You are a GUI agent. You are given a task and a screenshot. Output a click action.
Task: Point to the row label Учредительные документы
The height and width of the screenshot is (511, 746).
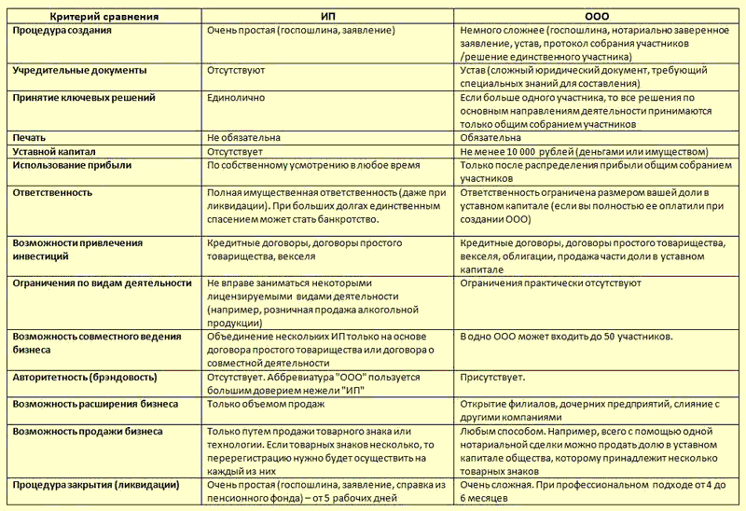pyautogui.click(x=79, y=71)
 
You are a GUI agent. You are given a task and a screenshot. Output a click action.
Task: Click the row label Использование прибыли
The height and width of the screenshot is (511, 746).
pyautogui.click(x=72, y=165)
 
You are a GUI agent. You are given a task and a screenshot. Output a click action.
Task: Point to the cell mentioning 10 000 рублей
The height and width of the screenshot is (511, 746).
pyautogui.click(x=584, y=151)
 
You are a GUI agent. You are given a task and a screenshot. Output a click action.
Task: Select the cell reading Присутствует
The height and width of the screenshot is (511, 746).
pyautogui.click(x=493, y=378)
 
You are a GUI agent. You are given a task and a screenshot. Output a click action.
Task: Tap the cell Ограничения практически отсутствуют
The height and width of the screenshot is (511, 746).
pyautogui.click(x=551, y=283)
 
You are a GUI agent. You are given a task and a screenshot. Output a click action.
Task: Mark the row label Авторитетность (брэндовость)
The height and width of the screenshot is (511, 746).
pyautogui.click(x=85, y=378)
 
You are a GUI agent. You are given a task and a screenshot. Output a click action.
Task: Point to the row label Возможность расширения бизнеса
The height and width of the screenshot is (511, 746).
pyautogui.click(x=95, y=404)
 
